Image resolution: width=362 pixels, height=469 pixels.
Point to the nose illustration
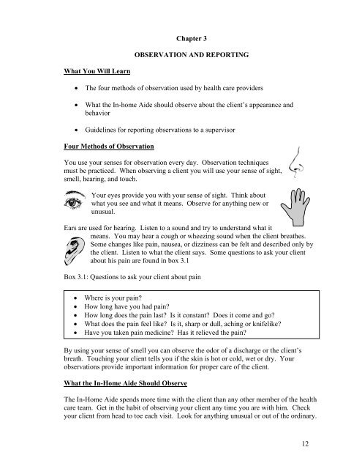click(x=294, y=172)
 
